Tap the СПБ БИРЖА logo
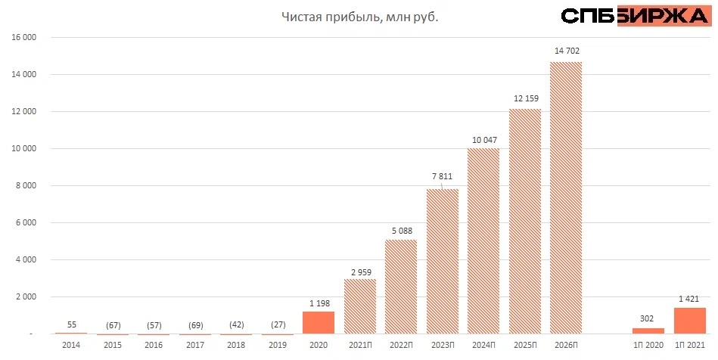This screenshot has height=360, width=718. coord(633,16)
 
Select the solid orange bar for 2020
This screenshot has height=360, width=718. coord(318,323)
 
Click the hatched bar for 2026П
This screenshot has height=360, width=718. coord(565,198)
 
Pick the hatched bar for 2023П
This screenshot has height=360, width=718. coord(442,262)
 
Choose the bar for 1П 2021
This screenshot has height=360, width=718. coord(689,321)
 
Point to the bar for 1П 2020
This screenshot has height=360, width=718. coord(648,331)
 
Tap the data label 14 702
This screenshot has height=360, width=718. coord(567,51)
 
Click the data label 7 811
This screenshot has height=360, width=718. coord(443,177)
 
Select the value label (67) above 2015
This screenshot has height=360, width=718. coord(112,324)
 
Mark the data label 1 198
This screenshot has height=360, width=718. coord(318,303)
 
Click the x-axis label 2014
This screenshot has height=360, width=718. coord(71,346)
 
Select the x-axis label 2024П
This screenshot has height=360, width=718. coord(483,346)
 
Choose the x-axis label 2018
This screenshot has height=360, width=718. coord(236,346)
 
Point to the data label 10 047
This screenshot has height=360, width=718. coord(484,139)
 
